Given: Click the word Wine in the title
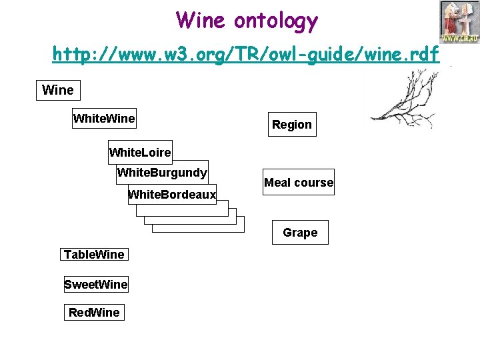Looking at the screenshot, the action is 202,21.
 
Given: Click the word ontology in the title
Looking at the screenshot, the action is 276,22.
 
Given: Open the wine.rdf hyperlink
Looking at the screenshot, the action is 246,53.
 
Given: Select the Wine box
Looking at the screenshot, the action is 57,90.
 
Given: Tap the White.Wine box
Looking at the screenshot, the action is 104,119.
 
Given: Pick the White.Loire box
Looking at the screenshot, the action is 140,153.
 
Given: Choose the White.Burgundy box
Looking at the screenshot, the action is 162,173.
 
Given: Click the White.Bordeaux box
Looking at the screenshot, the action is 172,195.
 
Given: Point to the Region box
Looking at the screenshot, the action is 291,125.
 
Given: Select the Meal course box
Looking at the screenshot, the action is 298,182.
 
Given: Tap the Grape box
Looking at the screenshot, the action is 300,233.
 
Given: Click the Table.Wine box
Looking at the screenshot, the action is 94,254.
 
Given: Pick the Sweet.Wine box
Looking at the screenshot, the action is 96,285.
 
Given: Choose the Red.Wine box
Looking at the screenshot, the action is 94,313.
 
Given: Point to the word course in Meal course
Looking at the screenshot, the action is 315,183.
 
